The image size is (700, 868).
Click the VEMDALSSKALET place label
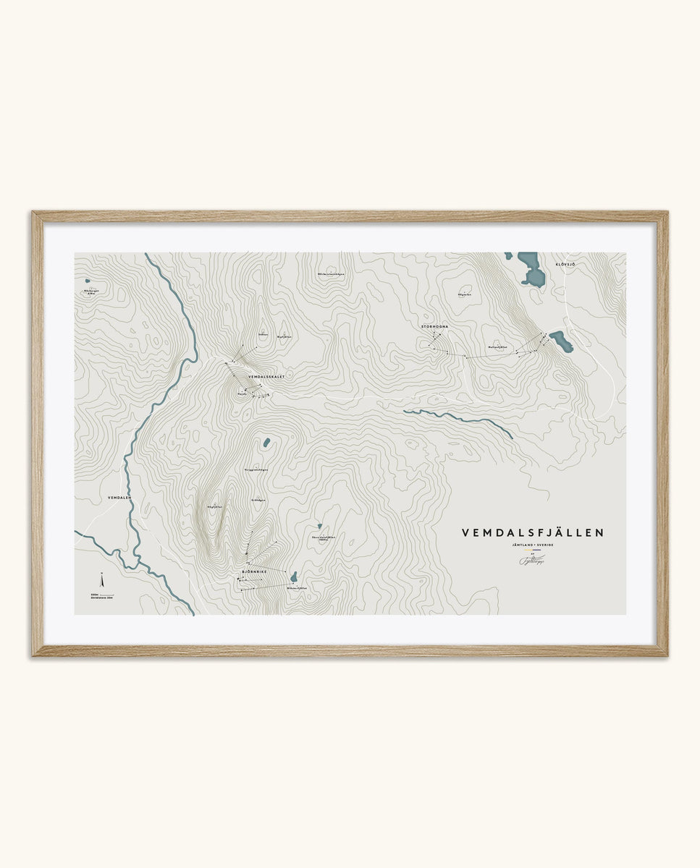pyautogui.click(x=266, y=377)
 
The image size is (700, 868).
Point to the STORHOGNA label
pyautogui.click(x=435, y=327)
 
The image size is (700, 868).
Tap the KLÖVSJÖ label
pyautogui.click(x=565, y=265)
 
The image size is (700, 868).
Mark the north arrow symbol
pyautogui.click(x=102, y=580)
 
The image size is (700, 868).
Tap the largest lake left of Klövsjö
pyautogui.click(x=531, y=271)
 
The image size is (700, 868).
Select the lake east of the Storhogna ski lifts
pyautogui.click(x=561, y=341)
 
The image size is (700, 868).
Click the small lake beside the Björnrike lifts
pyautogui.click(x=293, y=576)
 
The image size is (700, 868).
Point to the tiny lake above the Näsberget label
pyautogui.click(x=87, y=281)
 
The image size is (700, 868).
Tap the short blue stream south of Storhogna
pyautogui.click(x=456, y=420)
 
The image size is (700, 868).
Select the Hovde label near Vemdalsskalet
pyautogui.click(x=243, y=393)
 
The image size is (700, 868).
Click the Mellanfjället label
pyautogui.click(x=497, y=347)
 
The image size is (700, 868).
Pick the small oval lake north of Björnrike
pyautogui.click(x=266, y=442)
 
